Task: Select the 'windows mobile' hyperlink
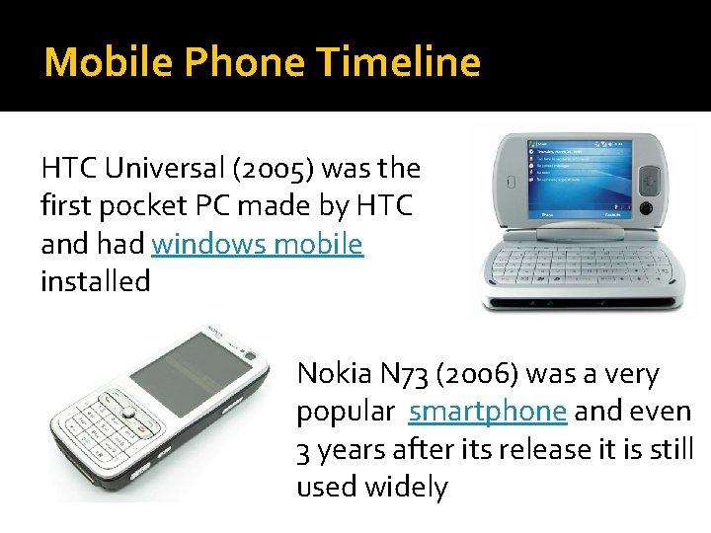[x=258, y=244]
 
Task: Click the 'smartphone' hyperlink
[x=488, y=411]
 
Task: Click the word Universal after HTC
[x=160, y=169]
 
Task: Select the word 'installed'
[x=96, y=281]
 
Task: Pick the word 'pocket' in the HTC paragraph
[x=135, y=206]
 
